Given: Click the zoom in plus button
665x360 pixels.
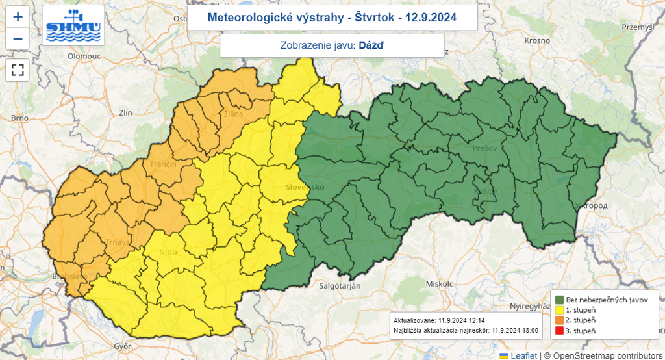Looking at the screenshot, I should [x=18, y=17].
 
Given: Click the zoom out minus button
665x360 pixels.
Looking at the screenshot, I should [x=18, y=39].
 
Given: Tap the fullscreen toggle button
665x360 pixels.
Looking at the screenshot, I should [x=18, y=70].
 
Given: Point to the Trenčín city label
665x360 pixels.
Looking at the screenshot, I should [x=163, y=164].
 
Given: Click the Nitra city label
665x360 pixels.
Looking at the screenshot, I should [x=168, y=252].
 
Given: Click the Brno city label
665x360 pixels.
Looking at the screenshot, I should [x=19, y=118].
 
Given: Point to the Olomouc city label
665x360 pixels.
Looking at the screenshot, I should [x=84, y=57].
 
